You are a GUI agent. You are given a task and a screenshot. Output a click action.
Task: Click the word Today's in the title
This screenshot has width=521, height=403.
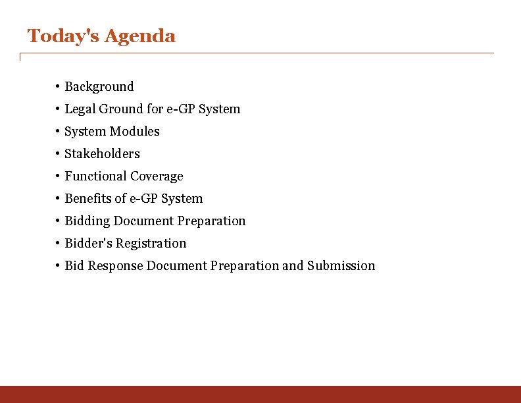(x=63, y=36)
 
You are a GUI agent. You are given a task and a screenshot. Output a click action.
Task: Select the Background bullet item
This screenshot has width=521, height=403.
(x=99, y=86)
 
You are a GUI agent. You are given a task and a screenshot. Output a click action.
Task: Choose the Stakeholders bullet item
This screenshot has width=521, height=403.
(x=102, y=153)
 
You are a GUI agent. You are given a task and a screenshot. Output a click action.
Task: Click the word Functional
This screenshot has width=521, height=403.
(x=95, y=176)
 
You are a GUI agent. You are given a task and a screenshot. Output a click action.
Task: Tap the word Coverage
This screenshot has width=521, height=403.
(x=157, y=176)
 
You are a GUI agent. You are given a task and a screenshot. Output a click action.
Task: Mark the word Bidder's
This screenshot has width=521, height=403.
(x=88, y=243)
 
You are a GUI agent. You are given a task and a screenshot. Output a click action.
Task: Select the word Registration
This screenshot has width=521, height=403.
(x=151, y=243)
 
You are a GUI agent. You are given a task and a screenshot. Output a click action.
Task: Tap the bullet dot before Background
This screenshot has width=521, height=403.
(x=59, y=86)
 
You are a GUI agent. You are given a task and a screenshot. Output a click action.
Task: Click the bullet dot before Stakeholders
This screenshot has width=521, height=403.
(x=59, y=153)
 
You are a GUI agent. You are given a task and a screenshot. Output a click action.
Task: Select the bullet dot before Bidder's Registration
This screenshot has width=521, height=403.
(x=59, y=243)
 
